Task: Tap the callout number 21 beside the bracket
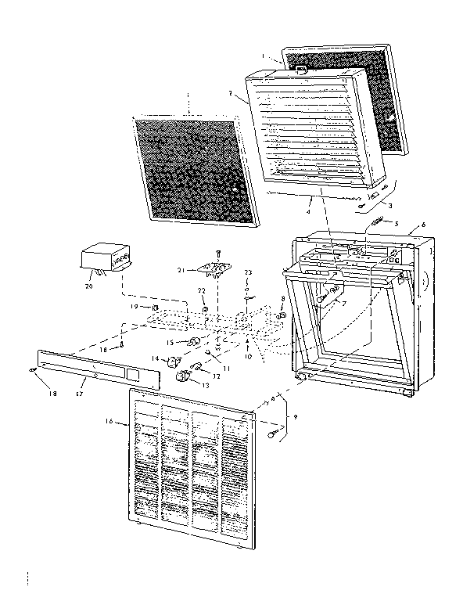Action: click(181, 271)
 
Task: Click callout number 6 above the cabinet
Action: click(423, 225)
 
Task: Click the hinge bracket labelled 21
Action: click(216, 270)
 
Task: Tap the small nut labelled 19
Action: click(156, 307)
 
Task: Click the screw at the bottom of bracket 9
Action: click(274, 433)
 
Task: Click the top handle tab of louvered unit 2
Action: click(303, 70)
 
